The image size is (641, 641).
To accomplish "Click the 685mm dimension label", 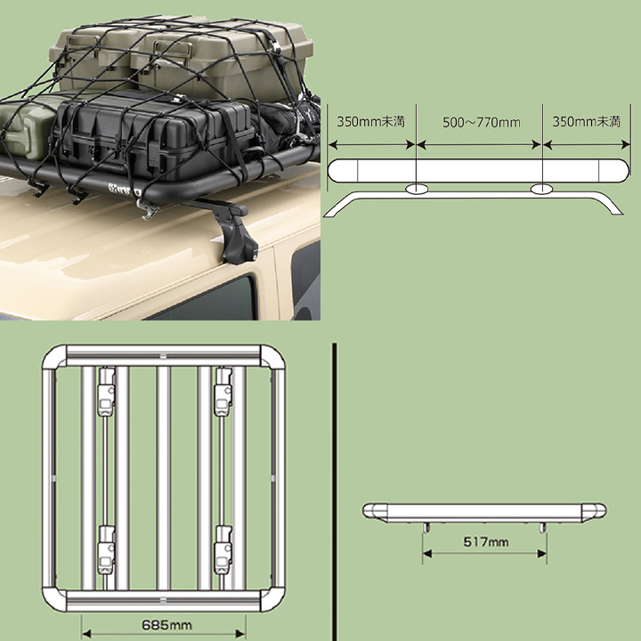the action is pyautogui.click(x=166, y=625).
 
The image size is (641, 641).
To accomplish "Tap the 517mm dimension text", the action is pyautogui.click(x=486, y=542).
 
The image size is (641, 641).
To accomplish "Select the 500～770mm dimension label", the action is pyautogui.click(x=482, y=122).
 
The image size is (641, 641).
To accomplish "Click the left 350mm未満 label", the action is pyautogui.click(x=370, y=121).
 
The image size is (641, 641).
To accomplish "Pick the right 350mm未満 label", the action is pyautogui.click(x=586, y=121).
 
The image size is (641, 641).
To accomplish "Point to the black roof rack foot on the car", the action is pyautogui.click(x=231, y=229).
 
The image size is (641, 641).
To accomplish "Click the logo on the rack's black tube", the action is pyautogui.click(x=125, y=190).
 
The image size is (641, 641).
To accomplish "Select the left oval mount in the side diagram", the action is pyautogui.click(x=417, y=189).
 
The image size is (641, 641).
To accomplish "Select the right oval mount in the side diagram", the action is pyautogui.click(x=541, y=189).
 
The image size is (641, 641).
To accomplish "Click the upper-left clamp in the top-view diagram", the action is pyautogui.click(x=106, y=392).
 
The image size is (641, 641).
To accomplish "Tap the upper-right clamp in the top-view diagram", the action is pyautogui.click(x=223, y=392).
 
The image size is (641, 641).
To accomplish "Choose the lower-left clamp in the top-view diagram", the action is pyautogui.click(x=106, y=550).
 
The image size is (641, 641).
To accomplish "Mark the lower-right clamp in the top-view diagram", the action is pyautogui.click(x=223, y=550).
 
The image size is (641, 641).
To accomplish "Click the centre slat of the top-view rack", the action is pyautogui.click(x=164, y=478).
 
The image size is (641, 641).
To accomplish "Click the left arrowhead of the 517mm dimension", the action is pyautogui.click(x=427, y=554).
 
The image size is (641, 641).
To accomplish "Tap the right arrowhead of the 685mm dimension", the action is pyautogui.click(x=241, y=634).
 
